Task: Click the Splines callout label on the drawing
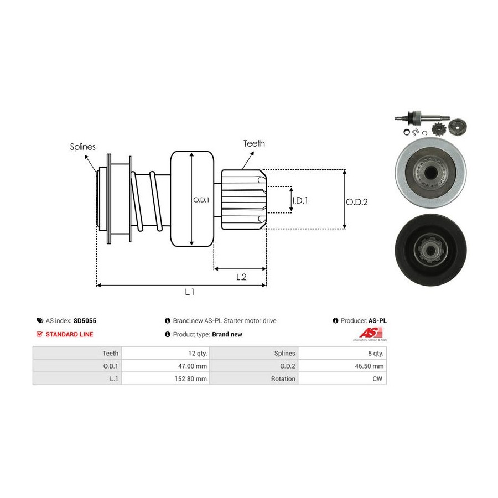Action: click(x=82, y=147)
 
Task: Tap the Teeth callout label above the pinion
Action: click(x=254, y=143)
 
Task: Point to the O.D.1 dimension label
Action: click(x=201, y=200)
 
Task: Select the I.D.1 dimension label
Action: click(x=300, y=200)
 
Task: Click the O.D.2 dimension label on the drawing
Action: click(x=357, y=202)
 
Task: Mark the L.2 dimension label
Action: click(x=241, y=277)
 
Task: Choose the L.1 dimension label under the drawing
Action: click(x=189, y=292)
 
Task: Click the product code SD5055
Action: click(x=85, y=320)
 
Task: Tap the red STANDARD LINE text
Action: click(x=69, y=334)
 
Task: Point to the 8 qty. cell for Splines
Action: click(x=374, y=353)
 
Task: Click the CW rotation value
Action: click(x=378, y=379)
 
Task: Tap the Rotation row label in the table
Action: click(x=283, y=379)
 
